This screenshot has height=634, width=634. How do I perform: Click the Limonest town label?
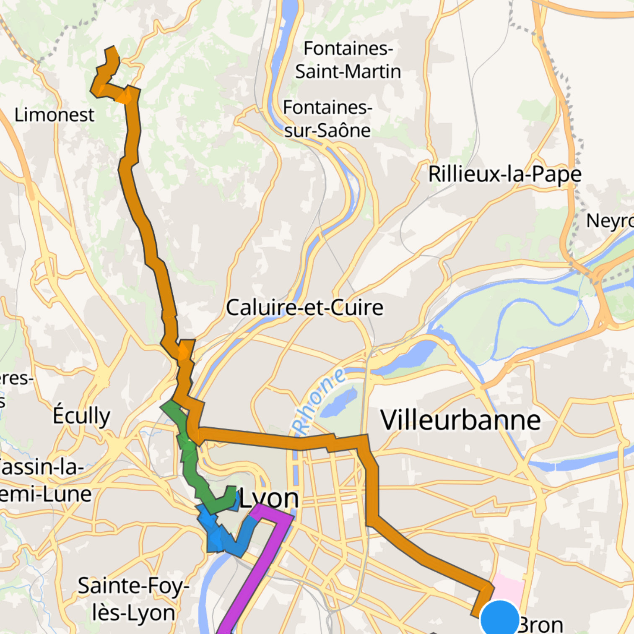coord(55,115)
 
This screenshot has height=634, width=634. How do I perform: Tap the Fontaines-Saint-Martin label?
coord(348,60)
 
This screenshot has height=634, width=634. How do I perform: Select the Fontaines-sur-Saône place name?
coord(327,119)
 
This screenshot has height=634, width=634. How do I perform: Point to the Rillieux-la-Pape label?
coord(505,174)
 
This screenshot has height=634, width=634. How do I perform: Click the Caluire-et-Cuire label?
coord(304,307)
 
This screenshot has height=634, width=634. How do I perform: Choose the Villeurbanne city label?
coord(460,420)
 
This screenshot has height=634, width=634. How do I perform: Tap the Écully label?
coord(81,416)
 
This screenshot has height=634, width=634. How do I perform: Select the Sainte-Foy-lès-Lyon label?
coord(133,599)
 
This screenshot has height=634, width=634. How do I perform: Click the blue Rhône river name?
coord(320,402)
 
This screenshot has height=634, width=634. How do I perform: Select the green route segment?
coord(191,465)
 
